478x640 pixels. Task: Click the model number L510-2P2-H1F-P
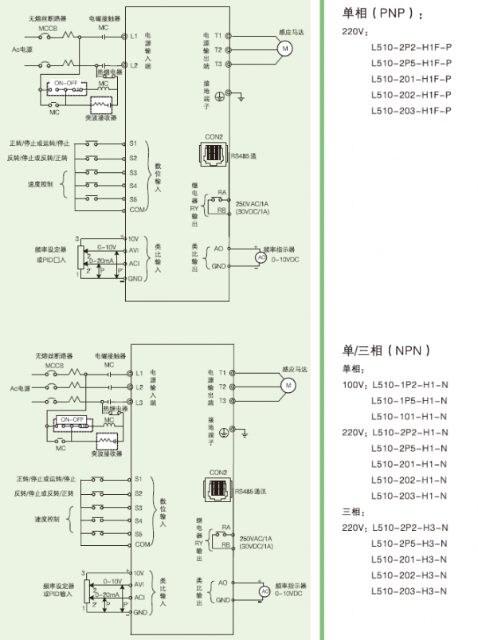coord(411,46)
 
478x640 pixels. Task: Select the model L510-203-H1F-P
coord(411,110)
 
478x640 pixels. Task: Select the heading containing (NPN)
coord(386,350)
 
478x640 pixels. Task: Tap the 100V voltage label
coord(354,385)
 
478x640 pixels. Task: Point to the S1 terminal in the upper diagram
coord(133,143)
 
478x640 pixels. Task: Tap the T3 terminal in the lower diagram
coord(222,400)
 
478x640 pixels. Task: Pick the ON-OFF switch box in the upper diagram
coord(66,83)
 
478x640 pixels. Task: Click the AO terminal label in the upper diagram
coord(218,249)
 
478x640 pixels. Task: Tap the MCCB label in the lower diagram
coord(54,364)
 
